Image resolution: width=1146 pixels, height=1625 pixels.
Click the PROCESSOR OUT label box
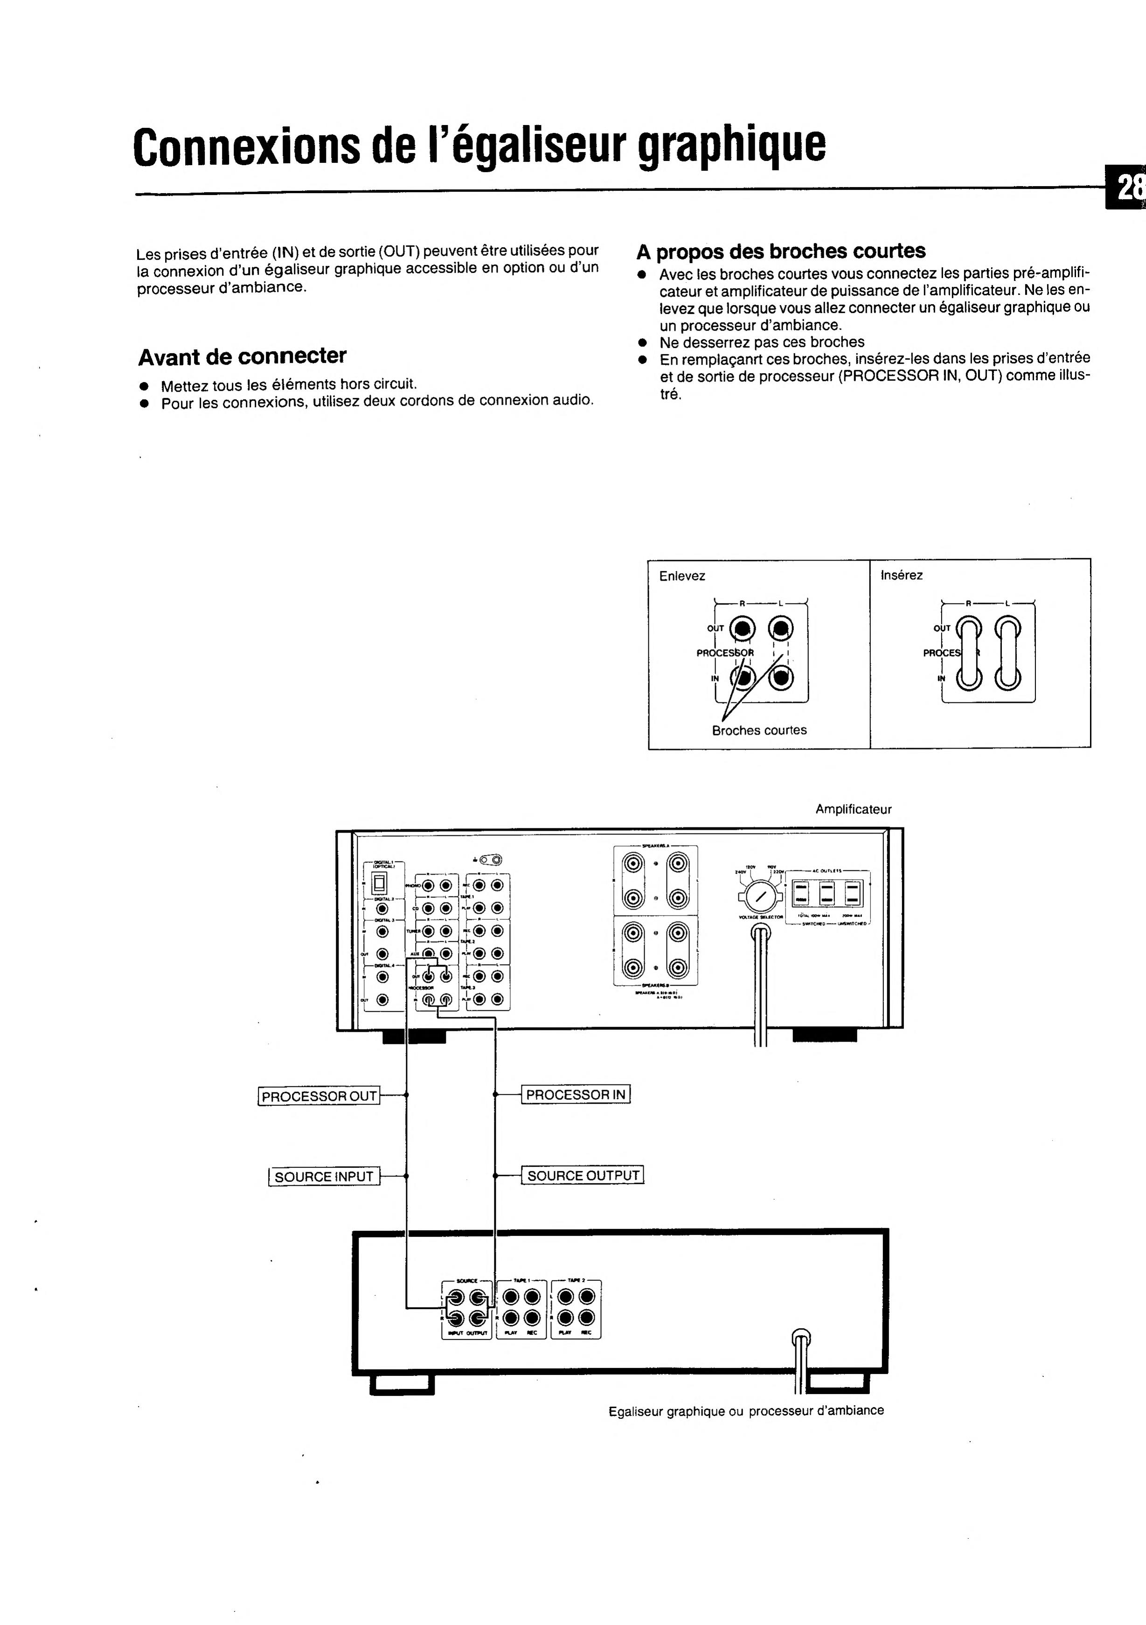319,1096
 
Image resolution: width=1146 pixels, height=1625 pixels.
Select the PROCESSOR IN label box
576,1095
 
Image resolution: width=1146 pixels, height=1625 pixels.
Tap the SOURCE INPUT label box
324,1176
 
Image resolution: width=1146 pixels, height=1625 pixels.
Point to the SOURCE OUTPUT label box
583,1175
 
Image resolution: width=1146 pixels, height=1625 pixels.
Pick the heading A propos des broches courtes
781,251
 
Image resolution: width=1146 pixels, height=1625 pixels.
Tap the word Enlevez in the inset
681,576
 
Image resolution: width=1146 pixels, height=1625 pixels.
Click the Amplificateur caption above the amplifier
853,809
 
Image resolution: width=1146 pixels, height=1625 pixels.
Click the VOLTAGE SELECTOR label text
760,917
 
